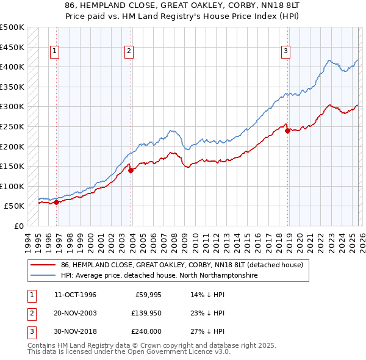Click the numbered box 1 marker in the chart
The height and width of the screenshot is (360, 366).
click(55, 52)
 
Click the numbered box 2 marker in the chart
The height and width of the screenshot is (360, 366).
click(129, 52)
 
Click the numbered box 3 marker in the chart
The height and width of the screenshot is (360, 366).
click(285, 52)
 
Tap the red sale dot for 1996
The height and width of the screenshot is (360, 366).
click(56, 202)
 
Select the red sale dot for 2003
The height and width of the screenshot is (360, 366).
click(131, 170)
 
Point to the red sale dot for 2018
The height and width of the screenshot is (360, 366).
click(287, 131)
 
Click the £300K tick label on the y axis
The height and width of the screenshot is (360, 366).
click(12, 107)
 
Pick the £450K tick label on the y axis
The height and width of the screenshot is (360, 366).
click(12, 47)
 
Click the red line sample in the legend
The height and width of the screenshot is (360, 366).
click(44, 265)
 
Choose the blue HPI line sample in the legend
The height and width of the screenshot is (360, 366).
click(44, 276)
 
